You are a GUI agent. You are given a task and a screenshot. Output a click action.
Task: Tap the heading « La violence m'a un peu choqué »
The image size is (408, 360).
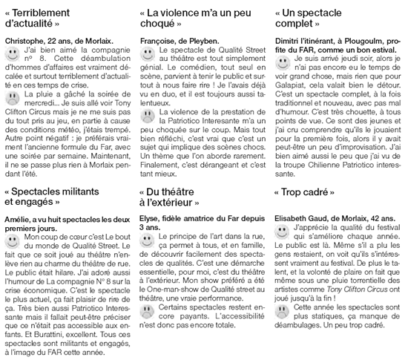coord(196,19)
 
